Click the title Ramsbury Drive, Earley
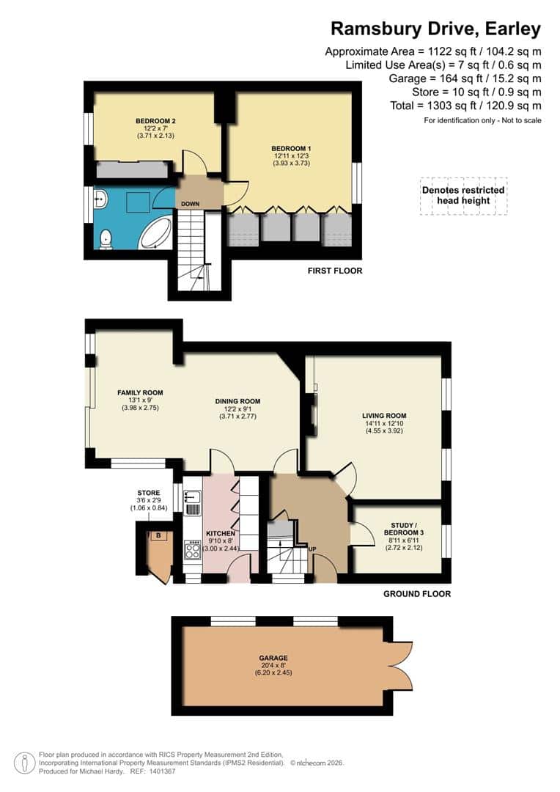435,29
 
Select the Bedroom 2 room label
155,121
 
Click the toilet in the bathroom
106,238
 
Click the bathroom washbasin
100,198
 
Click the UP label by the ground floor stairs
312,549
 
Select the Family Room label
140,392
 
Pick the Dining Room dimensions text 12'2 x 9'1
237,409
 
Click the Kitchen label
219,533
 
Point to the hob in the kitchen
193,550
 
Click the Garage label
273,658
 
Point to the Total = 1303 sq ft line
466,106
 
